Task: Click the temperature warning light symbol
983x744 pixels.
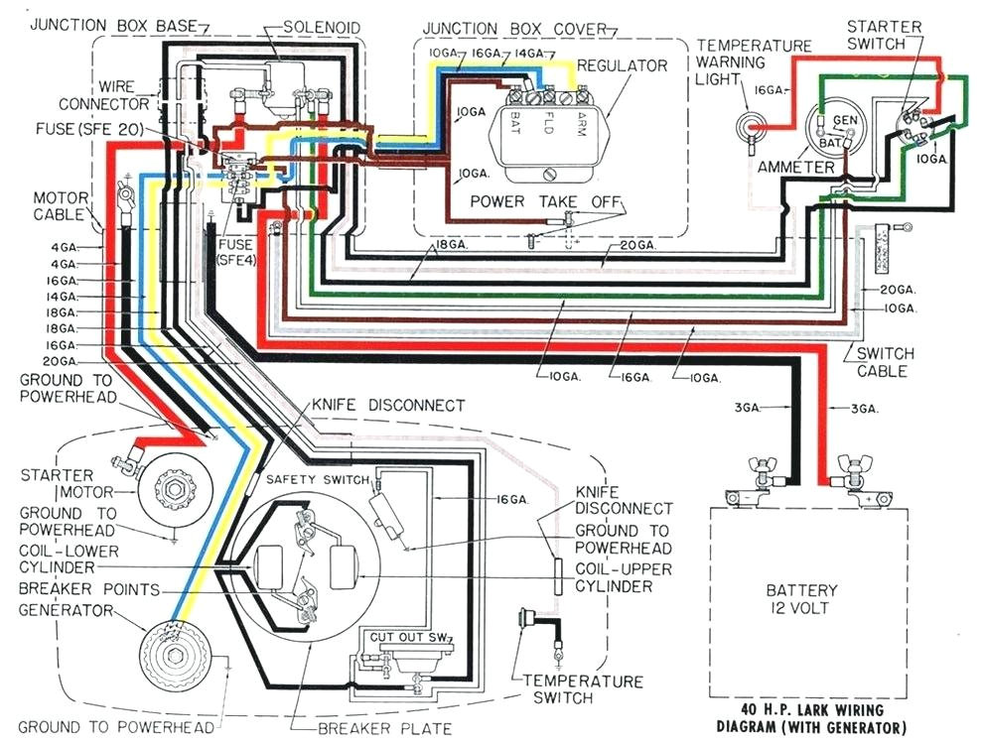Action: [x=750, y=126]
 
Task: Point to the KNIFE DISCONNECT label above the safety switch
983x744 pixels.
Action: [x=388, y=406]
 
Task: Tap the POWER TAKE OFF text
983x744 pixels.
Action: [x=541, y=201]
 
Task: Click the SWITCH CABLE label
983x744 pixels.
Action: [x=881, y=362]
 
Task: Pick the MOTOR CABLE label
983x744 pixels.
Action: [x=61, y=205]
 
